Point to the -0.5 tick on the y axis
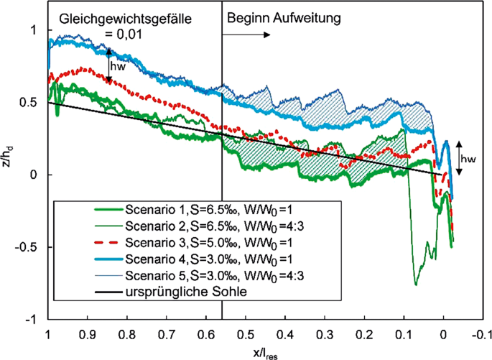click(29, 247)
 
